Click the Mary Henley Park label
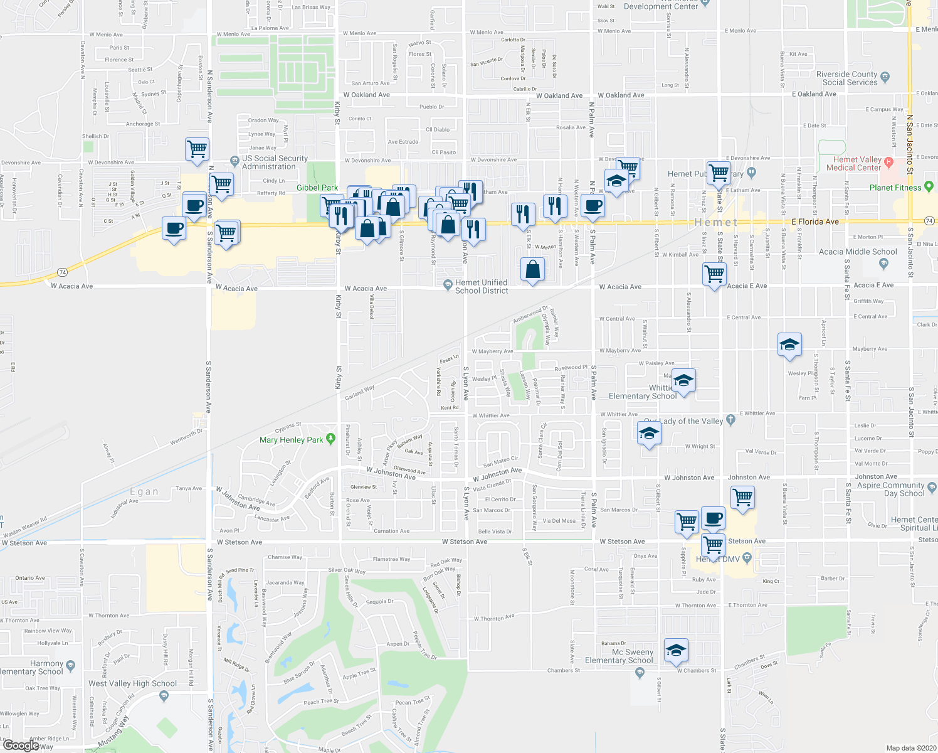tap(292, 440)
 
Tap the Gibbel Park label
tap(317, 188)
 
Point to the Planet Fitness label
tap(895, 188)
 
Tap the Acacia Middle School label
tap(858, 252)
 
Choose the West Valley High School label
tap(133, 683)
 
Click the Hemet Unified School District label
tap(481, 286)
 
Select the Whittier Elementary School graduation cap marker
tap(683, 380)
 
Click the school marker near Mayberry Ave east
tap(789, 344)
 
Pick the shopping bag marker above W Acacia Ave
tap(532, 269)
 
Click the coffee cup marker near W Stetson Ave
tap(713, 518)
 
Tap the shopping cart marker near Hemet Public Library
tap(719, 171)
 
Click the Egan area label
tap(144, 491)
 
